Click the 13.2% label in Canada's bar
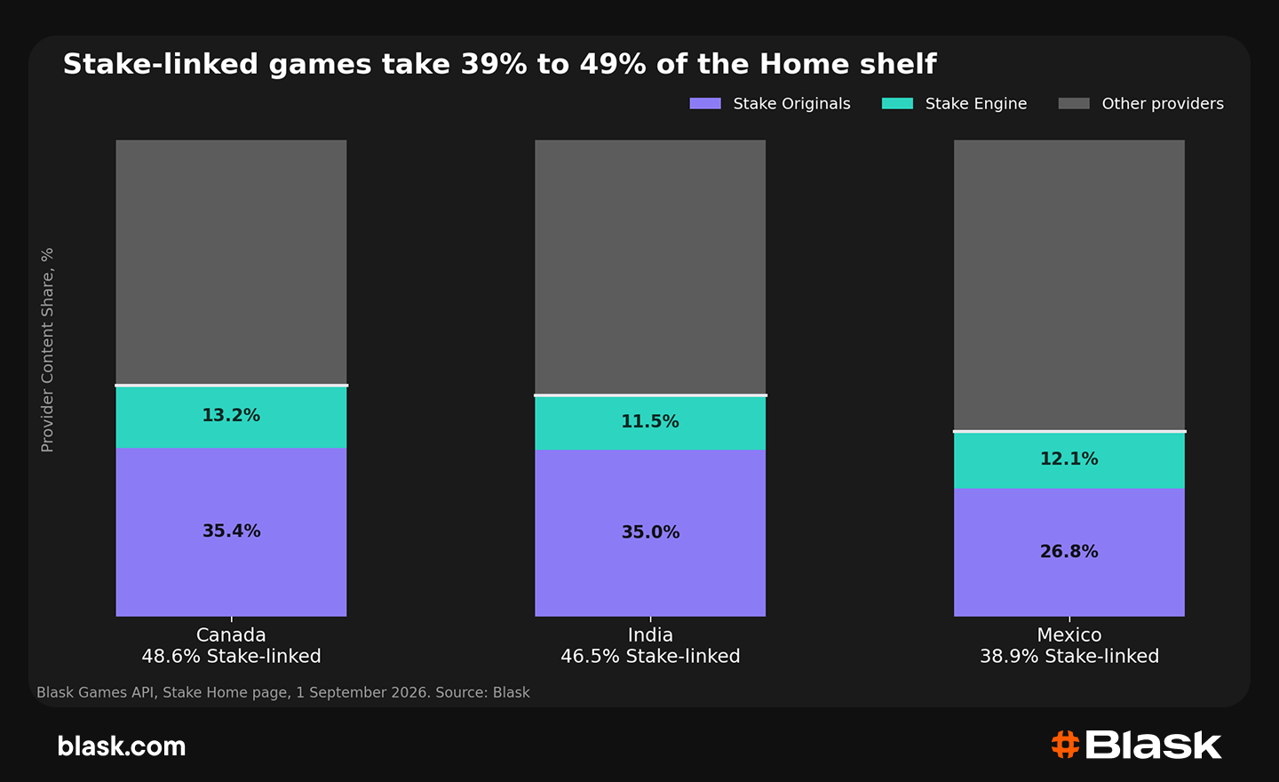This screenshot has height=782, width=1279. coord(231,415)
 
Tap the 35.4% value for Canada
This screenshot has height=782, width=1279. coord(231,531)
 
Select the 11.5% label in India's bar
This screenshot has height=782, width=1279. coord(650,421)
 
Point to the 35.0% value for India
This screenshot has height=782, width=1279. coord(650,532)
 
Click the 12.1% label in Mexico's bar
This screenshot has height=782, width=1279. coord(1068,459)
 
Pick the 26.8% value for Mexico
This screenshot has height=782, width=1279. coord(1068,552)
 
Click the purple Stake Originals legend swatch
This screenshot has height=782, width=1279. coord(705,103)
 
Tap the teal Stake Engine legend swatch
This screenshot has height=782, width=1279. coord(897,103)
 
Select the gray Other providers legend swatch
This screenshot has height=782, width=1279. coord(1074,103)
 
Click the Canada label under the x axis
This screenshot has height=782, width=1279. coord(231,634)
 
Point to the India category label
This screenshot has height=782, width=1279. coord(650,634)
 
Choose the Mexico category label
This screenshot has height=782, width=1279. coord(1069,634)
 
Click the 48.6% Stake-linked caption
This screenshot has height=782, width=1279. coord(231,657)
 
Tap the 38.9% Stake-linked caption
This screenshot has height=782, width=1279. coord(1069,657)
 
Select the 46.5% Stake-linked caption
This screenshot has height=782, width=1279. coord(650,657)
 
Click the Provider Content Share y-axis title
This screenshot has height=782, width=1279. coord(47,350)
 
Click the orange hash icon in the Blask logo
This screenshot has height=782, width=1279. coord(1065,745)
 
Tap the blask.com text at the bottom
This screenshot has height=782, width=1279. coord(122,746)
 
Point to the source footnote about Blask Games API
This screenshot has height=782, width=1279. coord(283,692)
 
